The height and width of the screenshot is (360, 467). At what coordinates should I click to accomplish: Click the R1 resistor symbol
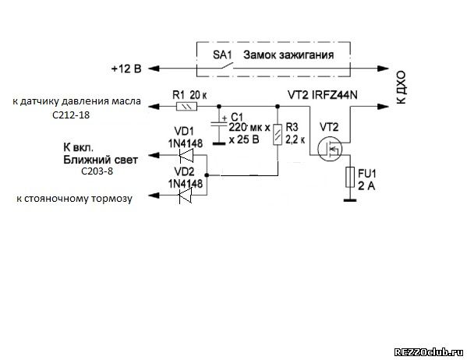tap(187, 106)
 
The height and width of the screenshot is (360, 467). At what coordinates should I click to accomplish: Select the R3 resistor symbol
tap(278, 134)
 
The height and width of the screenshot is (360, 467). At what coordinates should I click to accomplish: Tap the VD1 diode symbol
tap(186, 155)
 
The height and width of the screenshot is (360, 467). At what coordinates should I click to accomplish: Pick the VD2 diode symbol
tap(186, 196)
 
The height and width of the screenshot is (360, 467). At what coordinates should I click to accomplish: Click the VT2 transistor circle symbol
tap(330, 149)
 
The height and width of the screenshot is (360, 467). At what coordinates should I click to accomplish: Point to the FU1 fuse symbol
tap(350, 177)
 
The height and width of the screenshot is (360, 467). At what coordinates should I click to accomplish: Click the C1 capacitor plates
tap(219, 124)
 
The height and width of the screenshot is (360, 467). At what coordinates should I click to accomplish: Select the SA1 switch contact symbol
tap(227, 66)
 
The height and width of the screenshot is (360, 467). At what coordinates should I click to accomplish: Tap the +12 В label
tap(126, 69)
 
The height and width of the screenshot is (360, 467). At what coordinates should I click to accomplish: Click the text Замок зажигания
tap(288, 55)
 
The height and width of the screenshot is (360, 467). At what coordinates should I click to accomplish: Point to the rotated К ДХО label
tap(401, 87)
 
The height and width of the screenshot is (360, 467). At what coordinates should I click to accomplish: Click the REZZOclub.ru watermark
tap(429, 352)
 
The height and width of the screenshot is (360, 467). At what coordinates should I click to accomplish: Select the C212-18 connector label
tap(71, 115)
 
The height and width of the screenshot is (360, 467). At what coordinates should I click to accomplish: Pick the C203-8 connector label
tap(97, 171)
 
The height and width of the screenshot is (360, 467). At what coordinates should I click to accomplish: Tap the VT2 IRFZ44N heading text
tap(323, 95)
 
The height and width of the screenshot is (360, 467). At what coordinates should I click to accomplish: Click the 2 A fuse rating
tap(366, 186)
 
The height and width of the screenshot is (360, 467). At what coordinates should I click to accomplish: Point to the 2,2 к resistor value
tap(295, 139)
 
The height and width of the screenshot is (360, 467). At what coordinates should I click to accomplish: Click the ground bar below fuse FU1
tap(350, 200)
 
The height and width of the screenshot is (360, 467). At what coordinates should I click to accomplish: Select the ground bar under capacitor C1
tap(219, 144)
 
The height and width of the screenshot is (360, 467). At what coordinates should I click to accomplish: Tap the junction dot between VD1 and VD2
tap(207, 175)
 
